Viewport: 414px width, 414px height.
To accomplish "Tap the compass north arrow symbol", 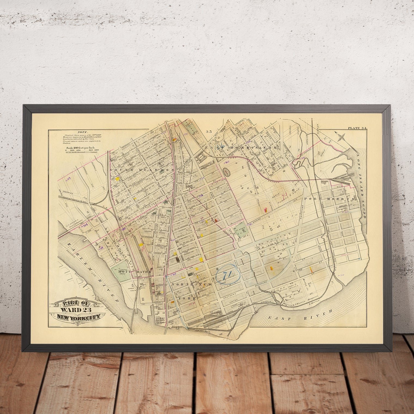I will pyautogui.click(x=340, y=136).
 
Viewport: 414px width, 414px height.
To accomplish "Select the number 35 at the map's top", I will pyautogui.click(x=208, y=131).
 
